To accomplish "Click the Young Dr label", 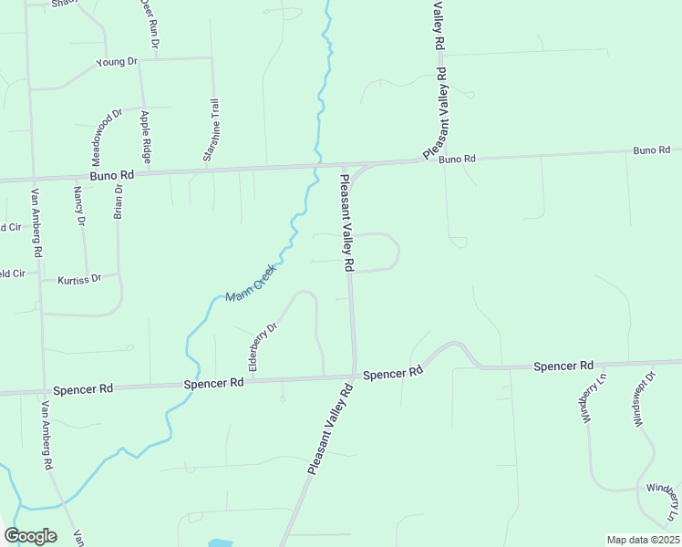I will point(116,62).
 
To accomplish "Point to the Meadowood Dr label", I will point(106,134).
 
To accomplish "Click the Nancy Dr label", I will point(79,206).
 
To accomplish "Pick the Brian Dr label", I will point(118,200).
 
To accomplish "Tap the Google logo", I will point(30,536).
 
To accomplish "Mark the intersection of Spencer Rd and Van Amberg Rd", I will point(43,390).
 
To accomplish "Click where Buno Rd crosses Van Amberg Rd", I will point(33,179).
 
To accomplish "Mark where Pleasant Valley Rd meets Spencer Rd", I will point(354,376).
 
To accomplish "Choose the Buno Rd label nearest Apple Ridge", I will point(112,173).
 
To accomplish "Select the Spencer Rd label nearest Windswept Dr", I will point(563,366).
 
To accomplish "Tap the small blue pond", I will point(220,543).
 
